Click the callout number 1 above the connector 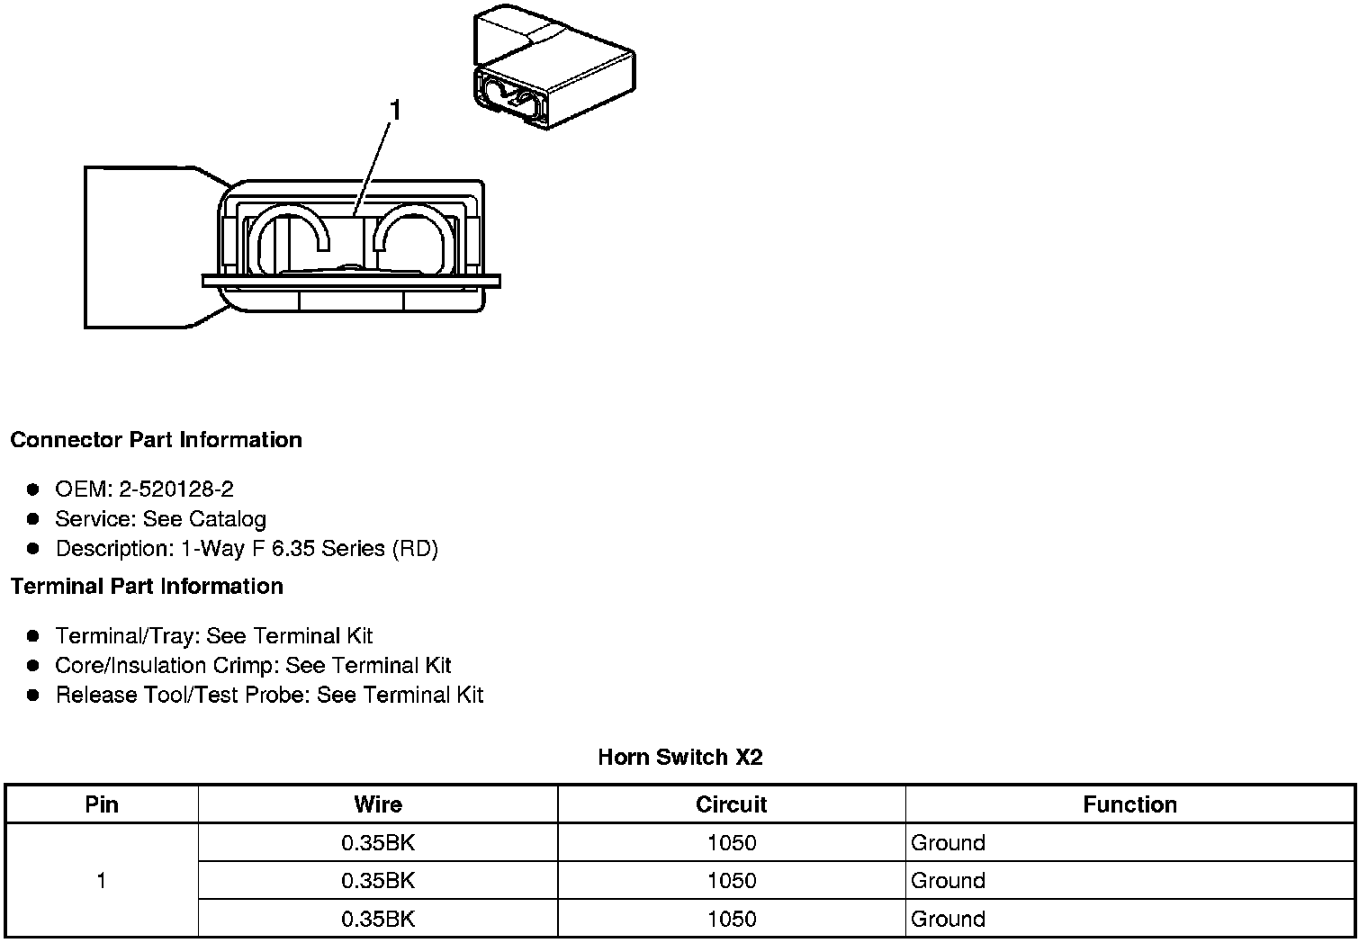394,111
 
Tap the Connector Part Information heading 156,440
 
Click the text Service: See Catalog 160,519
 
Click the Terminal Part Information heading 147,587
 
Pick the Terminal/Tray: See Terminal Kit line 213,636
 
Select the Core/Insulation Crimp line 253,666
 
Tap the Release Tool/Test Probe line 269,696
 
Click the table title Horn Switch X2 679,758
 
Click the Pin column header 102,804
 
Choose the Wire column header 378,804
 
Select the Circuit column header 731,804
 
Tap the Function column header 1129,804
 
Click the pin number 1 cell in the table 102,880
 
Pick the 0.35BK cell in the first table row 378,843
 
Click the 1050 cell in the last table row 731,919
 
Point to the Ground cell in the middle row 948,881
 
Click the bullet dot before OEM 33,489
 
